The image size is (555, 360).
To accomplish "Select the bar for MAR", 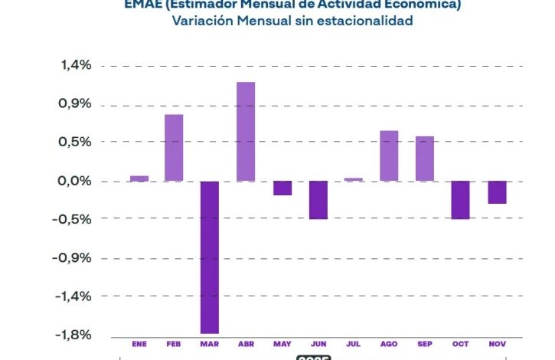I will (210, 257).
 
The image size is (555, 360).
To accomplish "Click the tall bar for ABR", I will (246, 132).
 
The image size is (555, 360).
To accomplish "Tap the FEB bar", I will (174, 148).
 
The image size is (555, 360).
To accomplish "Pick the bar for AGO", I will (389, 156).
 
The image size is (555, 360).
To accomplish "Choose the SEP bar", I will (425, 159).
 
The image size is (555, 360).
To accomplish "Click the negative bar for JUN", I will (318, 200).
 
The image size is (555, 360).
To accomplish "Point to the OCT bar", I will (461, 200).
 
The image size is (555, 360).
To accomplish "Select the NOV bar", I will (497, 192).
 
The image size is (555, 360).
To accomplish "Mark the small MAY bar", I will (282, 188).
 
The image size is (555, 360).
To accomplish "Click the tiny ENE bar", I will (139, 178).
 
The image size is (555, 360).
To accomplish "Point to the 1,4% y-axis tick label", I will (76, 66).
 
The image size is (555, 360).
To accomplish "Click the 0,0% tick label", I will (75, 182).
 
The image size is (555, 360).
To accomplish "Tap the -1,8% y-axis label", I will (73, 335).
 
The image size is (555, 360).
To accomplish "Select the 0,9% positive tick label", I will (76, 104).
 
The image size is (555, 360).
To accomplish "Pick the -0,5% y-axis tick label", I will (73, 219).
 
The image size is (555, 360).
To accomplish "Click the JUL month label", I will (353, 345).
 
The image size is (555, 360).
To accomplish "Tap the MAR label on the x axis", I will (210, 345).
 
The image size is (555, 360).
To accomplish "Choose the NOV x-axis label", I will (497, 345).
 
